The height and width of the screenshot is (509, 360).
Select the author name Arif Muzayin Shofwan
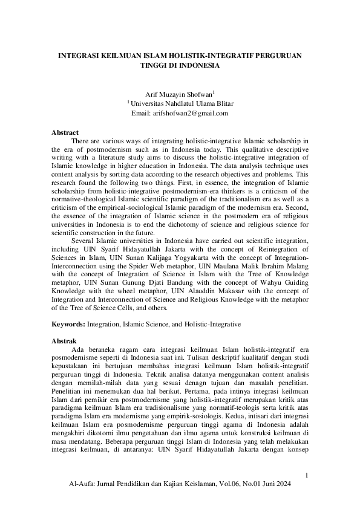click(179, 94)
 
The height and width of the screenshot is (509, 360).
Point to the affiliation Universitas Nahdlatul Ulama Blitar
click(182, 103)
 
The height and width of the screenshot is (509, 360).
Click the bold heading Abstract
click(65, 132)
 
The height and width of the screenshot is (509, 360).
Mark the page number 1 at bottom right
click(307, 476)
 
